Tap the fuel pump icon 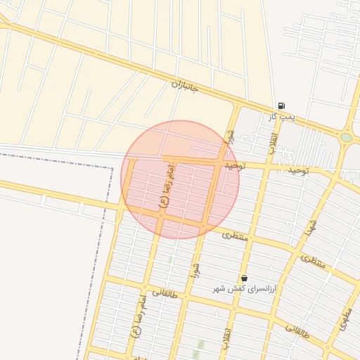(281, 106)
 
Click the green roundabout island (347, 138)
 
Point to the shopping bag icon (244, 278)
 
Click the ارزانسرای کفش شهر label (243, 289)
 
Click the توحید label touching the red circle (235, 166)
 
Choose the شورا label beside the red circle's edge (229, 138)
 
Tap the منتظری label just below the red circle (236, 236)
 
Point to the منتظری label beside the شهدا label (314, 262)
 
